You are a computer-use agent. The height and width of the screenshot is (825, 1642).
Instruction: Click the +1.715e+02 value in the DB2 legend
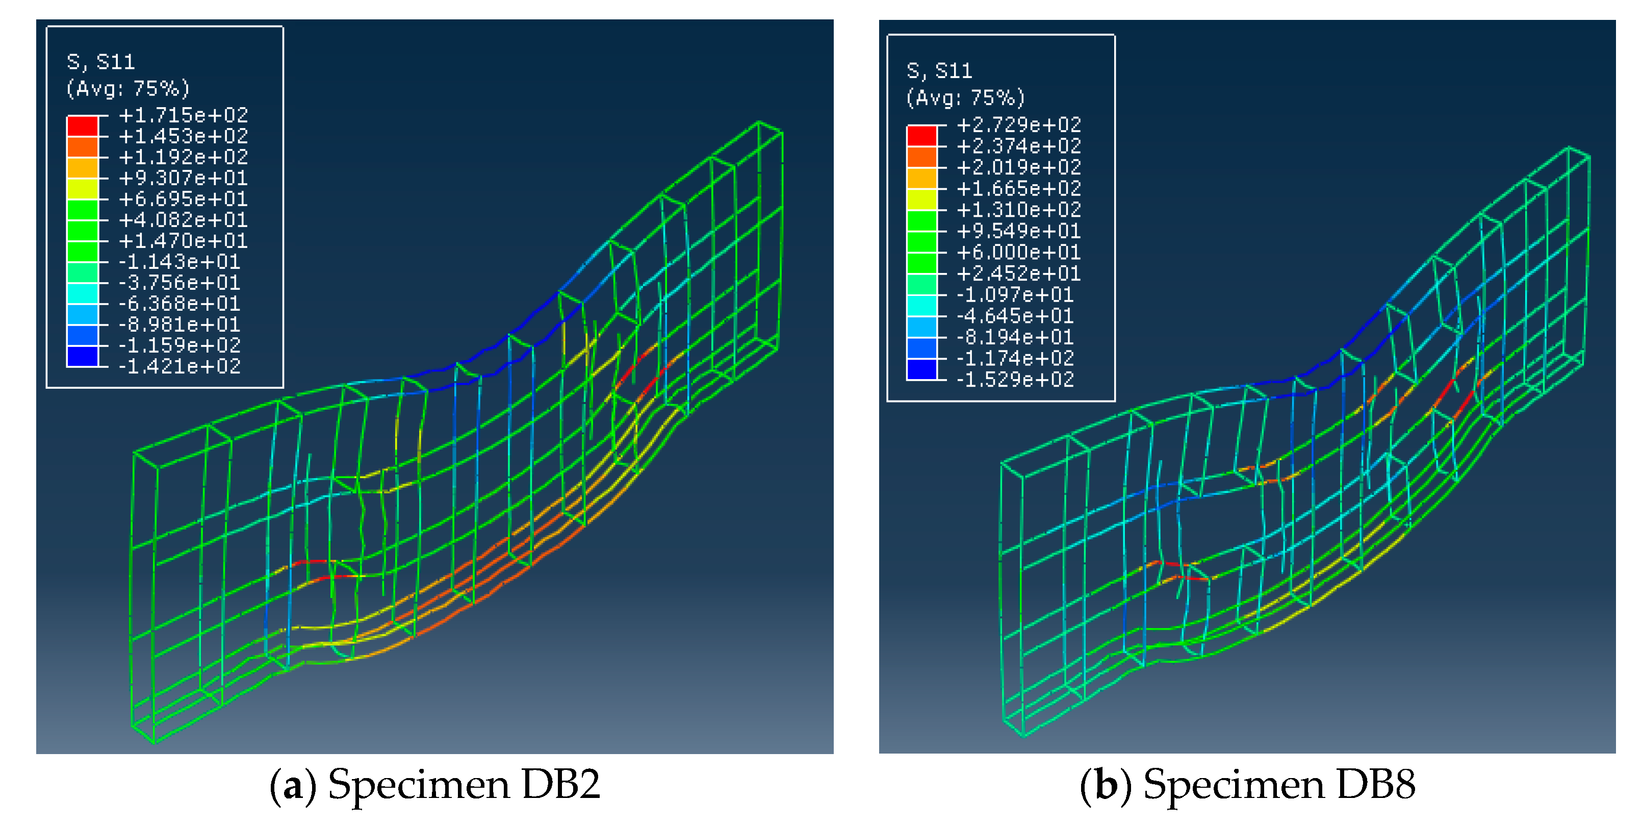184,115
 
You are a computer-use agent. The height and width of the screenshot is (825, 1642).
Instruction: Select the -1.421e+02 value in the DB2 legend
179,367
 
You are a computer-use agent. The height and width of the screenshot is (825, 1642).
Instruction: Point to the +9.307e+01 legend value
184,178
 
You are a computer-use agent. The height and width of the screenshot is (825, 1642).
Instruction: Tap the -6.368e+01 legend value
179,304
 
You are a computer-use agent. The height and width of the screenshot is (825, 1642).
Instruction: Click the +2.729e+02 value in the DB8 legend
1019,124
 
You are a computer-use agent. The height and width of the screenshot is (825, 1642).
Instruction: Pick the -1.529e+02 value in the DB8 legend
1015,380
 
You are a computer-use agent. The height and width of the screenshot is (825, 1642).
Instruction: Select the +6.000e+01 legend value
1019,253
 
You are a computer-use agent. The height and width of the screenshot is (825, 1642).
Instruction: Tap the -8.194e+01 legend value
1015,337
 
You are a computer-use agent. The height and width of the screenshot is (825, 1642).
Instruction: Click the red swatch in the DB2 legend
83,126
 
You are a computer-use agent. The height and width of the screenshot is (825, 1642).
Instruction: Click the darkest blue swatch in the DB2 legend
83,357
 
